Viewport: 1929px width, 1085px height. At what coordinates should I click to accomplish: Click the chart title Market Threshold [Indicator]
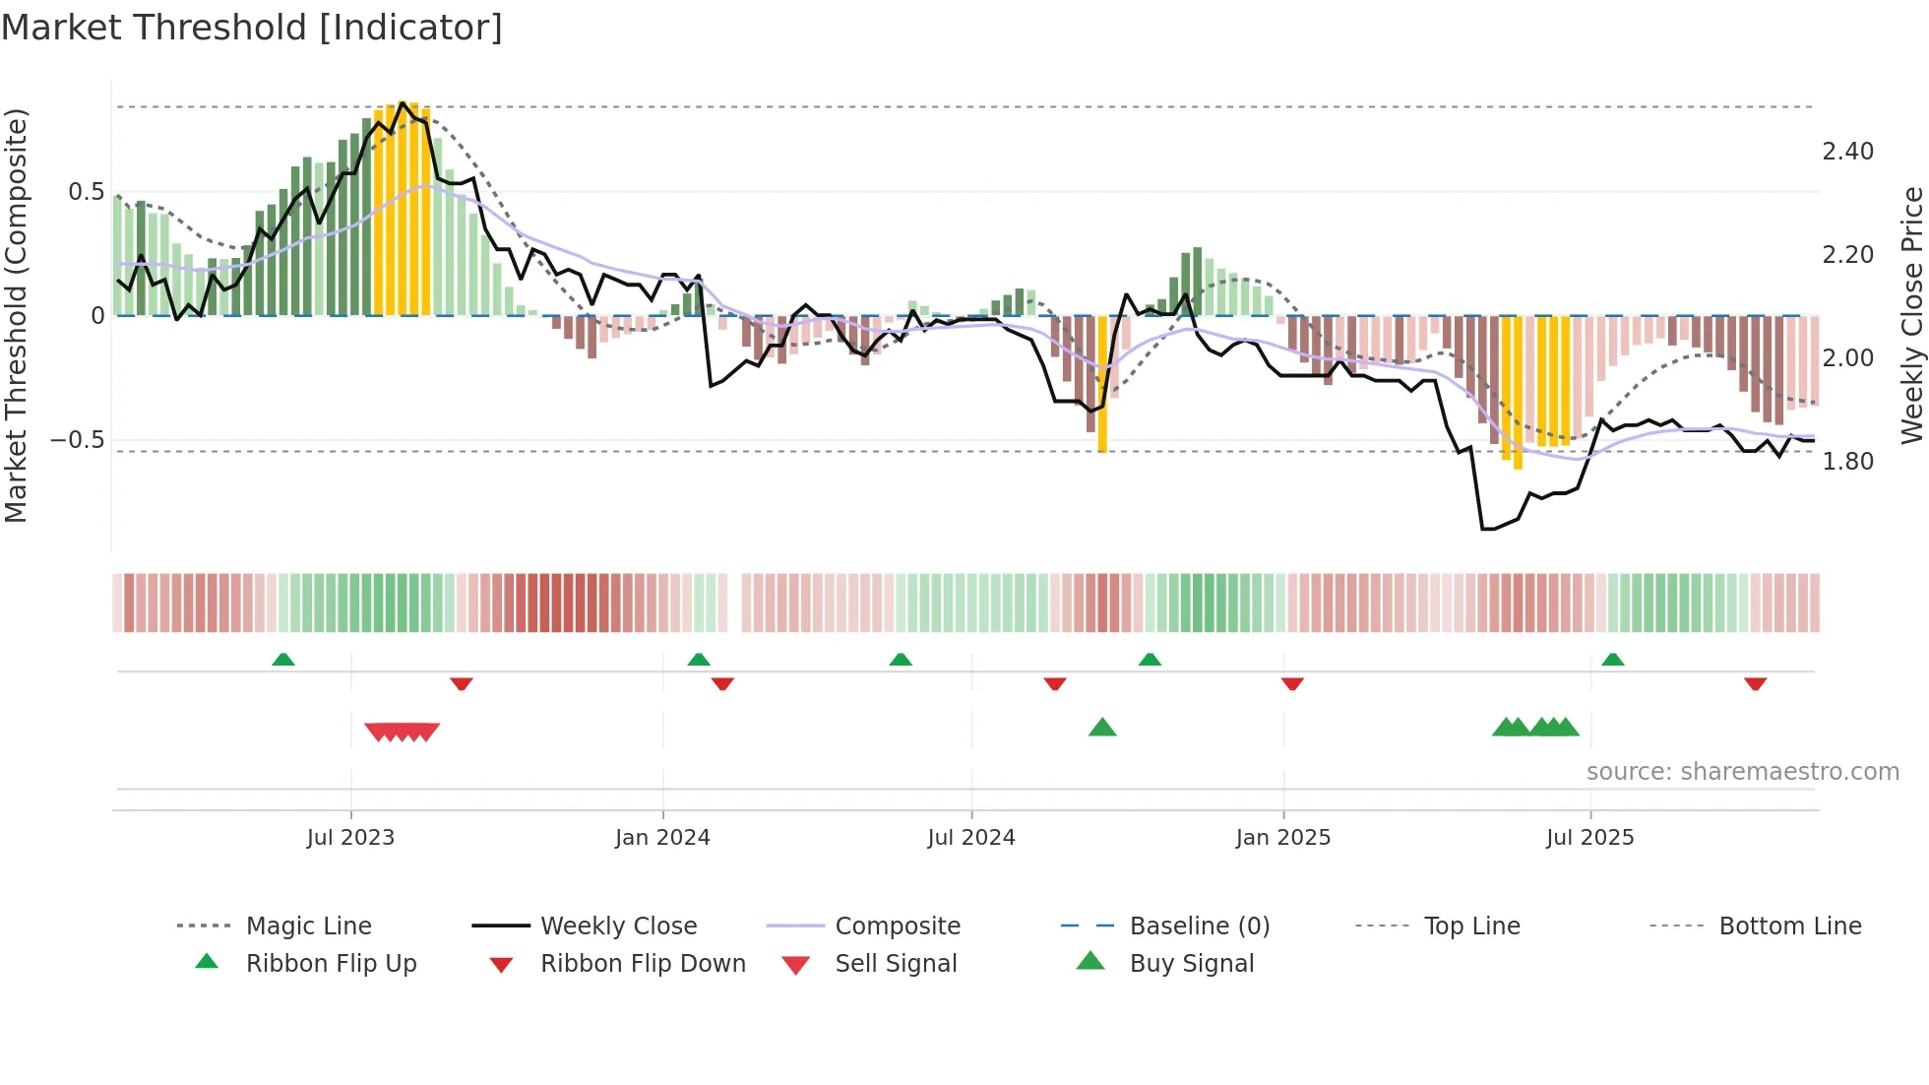(x=252, y=28)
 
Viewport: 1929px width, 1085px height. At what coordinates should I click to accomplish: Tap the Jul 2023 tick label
(x=350, y=838)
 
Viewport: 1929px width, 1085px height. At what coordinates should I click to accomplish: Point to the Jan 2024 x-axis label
(x=662, y=838)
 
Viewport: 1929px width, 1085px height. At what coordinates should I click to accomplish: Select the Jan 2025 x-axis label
(x=1283, y=838)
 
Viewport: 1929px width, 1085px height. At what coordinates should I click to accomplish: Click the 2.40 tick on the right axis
(x=1847, y=152)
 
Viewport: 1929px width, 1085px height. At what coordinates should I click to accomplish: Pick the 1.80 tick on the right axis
(x=1847, y=462)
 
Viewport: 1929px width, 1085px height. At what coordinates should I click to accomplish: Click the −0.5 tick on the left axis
(x=78, y=440)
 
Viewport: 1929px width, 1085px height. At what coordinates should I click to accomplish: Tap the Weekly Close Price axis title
(x=1911, y=315)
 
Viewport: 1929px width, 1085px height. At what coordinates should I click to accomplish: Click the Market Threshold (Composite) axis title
(x=17, y=315)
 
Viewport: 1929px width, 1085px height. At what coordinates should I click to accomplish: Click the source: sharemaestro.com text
(x=1742, y=772)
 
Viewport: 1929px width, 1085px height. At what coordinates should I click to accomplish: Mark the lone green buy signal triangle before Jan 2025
(x=1102, y=728)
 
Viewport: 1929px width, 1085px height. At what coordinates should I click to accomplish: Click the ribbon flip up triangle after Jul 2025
(x=1612, y=660)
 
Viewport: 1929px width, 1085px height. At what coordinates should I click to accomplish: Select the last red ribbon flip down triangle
(x=1755, y=683)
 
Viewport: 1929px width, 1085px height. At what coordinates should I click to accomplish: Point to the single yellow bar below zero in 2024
(x=1102, y=384)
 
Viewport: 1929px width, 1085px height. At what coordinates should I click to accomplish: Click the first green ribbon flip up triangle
(x=283, y=660)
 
